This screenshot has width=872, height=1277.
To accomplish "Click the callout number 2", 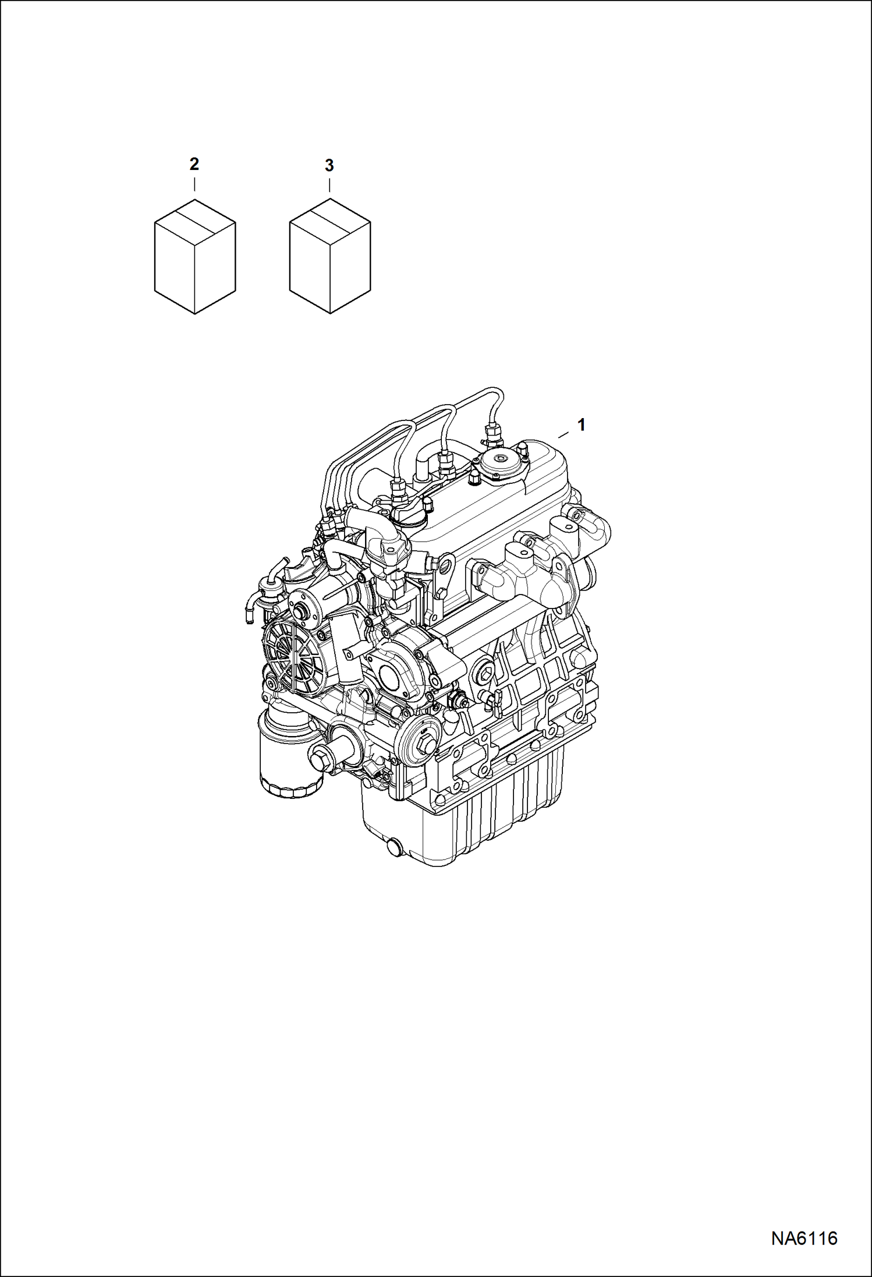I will point(194,164).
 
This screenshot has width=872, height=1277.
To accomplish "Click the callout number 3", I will point(329,166).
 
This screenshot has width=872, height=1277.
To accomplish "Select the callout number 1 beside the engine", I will point(580,425).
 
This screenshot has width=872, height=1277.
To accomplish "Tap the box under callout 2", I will point(195,257).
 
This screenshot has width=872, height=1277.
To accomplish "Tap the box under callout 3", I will point(330,257).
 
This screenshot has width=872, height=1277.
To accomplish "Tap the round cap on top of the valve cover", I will point(500,461).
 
